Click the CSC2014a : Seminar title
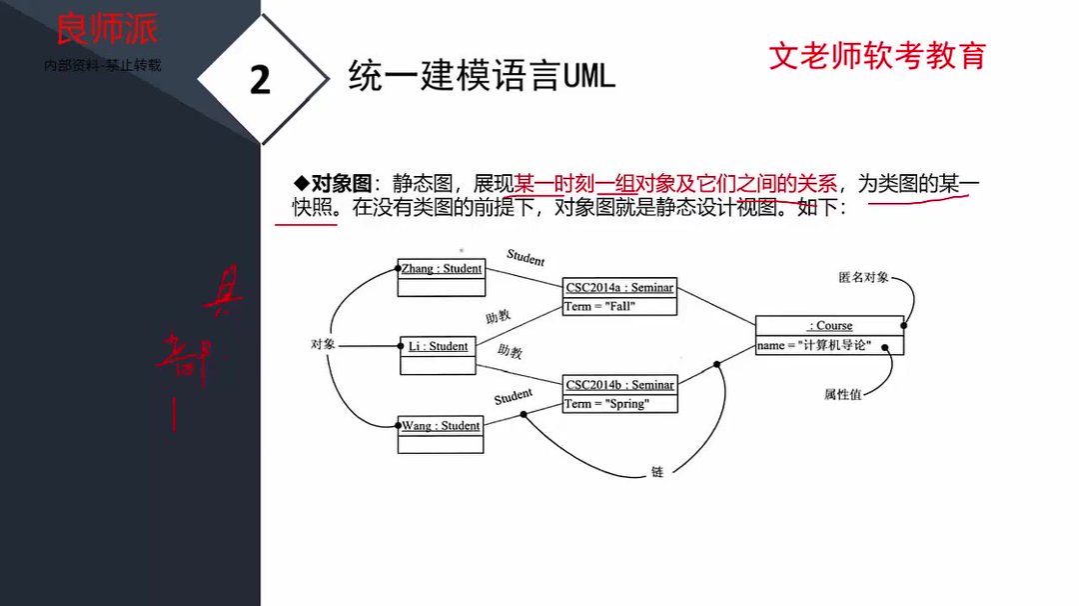point(619,288)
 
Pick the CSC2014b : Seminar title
point(619,385)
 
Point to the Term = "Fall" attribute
point(600,307)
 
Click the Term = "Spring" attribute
point(606,404)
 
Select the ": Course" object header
point(829,326)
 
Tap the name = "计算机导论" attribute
point(814,346)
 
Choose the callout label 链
point(656,471)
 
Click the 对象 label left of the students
point(322,345)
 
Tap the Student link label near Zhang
point(526,258)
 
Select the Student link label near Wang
point(514,397)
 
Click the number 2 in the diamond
point(260,80)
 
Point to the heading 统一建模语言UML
point(482,76)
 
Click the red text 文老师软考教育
point(876,55)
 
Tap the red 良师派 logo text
point(106,30)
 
